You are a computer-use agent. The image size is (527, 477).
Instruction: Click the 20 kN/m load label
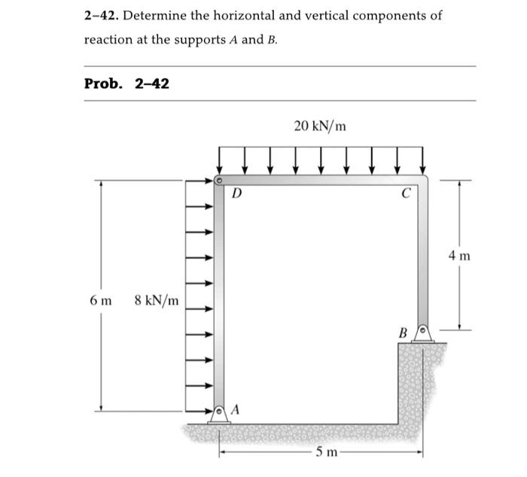(320, 126)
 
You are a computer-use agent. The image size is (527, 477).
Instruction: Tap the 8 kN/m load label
(157, 301)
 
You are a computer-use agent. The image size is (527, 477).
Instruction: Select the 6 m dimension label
(100, 301)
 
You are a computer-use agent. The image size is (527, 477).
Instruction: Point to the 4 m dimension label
(458, 256)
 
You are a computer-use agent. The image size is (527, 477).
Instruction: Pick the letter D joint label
(236, 193)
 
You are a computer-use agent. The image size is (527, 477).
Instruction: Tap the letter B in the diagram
(403, 332)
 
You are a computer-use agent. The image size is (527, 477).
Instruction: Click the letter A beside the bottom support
(236, 409)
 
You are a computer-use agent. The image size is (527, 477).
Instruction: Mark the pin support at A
(219, 414)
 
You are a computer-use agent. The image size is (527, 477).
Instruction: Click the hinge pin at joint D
(218, 181)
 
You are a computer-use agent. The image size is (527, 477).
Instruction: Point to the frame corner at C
(423, 181)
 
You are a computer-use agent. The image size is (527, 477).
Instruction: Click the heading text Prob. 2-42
(126, 83)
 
